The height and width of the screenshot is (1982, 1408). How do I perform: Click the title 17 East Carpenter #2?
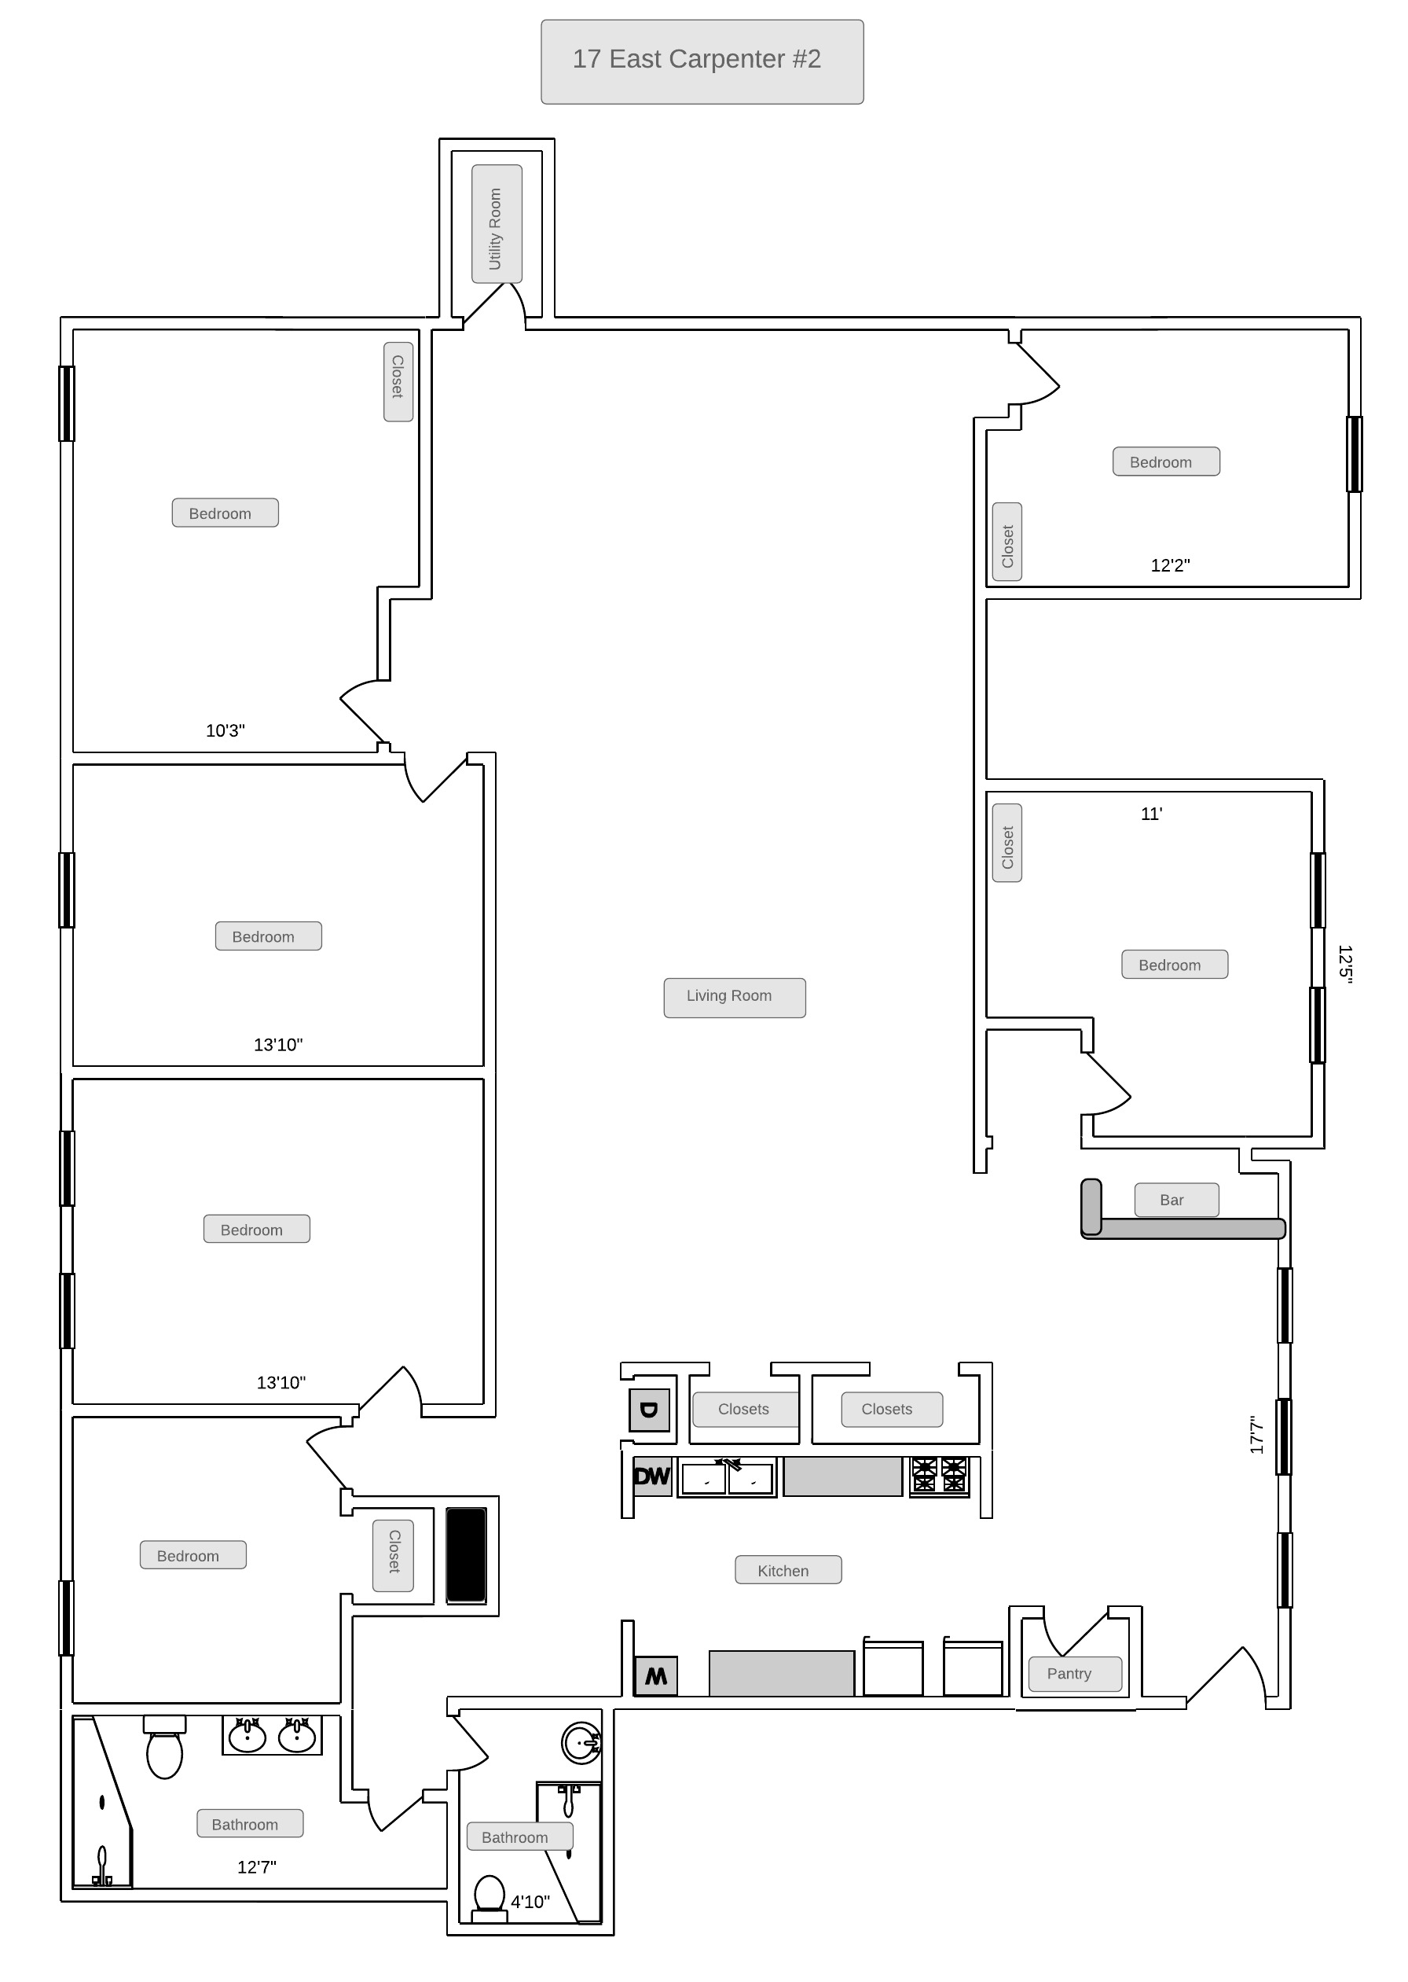pos(696,59)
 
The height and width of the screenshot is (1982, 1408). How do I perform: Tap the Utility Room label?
pos(496,228)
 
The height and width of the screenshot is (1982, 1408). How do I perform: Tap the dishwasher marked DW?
pos(652,1476)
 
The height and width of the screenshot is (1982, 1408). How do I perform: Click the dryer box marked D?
pos(649,1410)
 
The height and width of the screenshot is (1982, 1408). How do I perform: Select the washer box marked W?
pos(656,1676)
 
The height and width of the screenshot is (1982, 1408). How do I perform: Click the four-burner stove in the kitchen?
pos(939,1476)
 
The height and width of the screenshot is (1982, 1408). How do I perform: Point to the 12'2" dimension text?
pos(1170,565)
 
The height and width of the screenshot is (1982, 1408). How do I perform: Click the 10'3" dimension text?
pos(225,730)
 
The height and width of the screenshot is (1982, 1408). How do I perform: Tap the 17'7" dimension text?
pos(1257,1435)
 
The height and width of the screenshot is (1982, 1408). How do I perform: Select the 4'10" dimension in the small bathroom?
pos(530,1901)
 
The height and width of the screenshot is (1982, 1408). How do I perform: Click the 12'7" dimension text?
pos(257,1866)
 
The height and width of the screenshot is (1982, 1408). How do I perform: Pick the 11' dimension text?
pos(1151,814)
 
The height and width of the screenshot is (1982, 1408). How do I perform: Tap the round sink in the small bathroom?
pos(581,1741)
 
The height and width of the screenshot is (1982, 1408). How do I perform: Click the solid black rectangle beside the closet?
pos(467,1554)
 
